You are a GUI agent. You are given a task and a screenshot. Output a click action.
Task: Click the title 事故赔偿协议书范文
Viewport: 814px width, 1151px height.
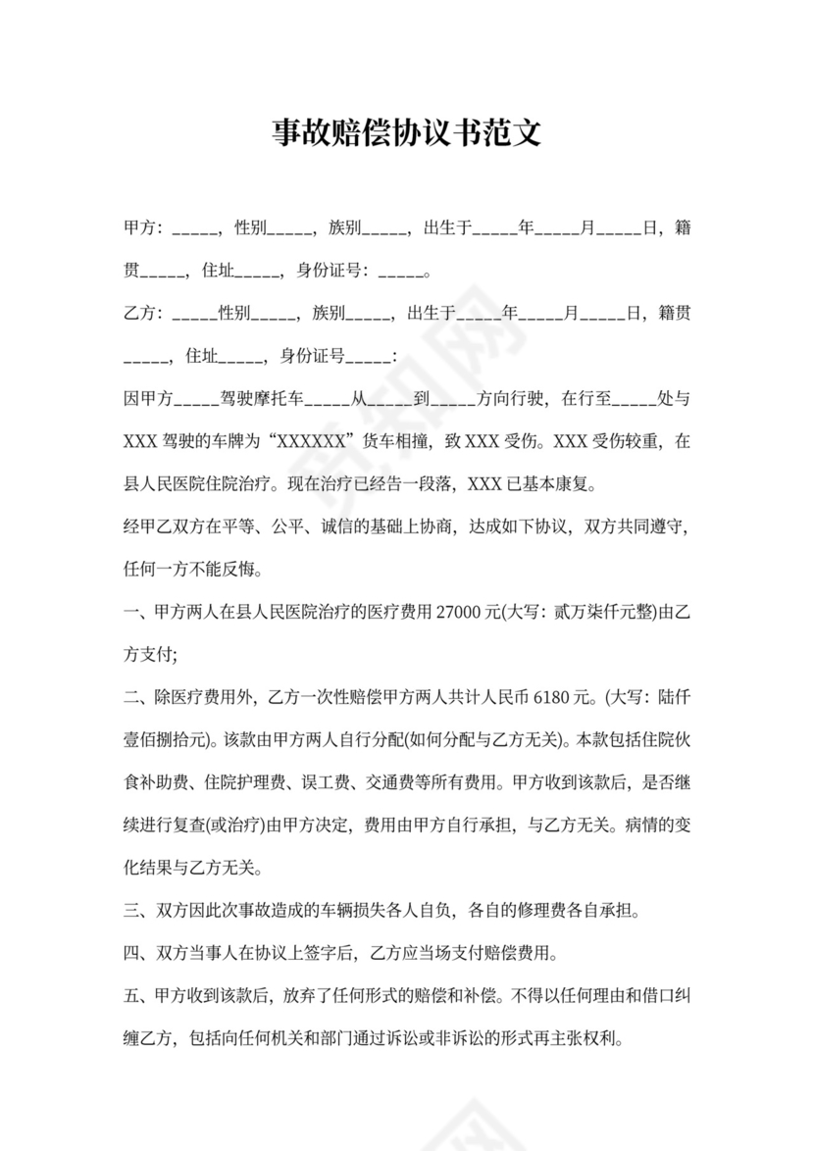pyautogui.click(x=406, y=133)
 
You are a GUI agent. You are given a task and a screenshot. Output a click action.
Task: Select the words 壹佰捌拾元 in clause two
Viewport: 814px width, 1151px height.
pyautogui.click(x=163, y=740)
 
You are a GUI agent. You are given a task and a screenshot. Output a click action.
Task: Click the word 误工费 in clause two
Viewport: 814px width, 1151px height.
pyautogui.click(x=323, y=782)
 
